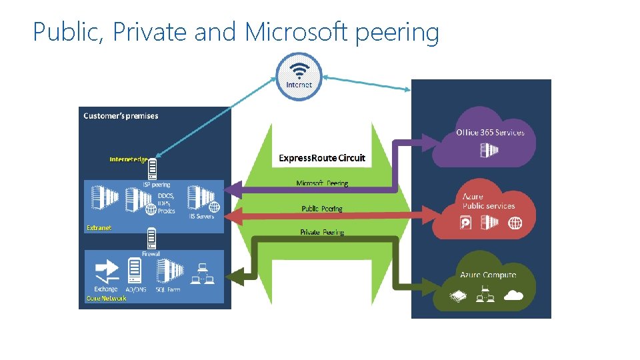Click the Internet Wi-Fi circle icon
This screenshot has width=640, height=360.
coord(299,76)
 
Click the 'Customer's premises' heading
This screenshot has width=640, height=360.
coord(121,116)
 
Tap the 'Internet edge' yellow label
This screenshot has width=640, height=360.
coord(128,159)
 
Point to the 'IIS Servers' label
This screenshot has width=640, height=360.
coord(201,217)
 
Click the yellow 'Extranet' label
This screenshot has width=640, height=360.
coord(99,228)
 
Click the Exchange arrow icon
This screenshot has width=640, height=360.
coord(106,271)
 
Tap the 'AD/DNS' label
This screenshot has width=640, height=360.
coord(137,289)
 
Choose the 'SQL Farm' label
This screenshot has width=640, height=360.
coord(167,289)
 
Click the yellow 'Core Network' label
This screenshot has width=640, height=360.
coord(107,298)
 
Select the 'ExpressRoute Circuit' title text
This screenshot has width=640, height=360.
coord(322,158)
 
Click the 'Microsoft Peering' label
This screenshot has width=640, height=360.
coord(322,183)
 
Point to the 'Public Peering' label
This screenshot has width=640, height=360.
coord(322,209)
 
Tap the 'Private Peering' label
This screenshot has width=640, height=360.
coord(322,233)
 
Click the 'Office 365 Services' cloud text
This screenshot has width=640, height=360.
coord(490,132)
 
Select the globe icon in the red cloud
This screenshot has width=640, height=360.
coord(515,223)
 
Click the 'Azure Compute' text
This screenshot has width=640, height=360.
coord(488,275)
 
